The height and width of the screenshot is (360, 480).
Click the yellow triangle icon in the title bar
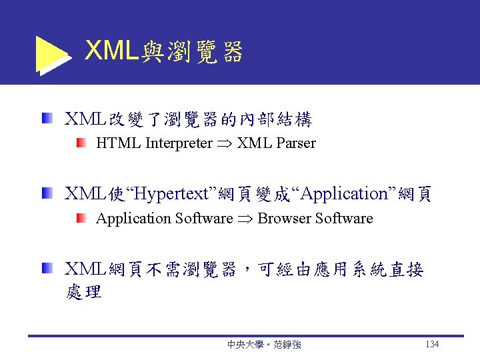49,53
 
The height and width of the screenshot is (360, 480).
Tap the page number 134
431,345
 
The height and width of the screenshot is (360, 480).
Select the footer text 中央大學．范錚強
263,345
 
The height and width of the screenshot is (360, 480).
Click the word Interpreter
179,143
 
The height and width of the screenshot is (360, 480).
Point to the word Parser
294,143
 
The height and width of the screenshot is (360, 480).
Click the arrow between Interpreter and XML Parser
225,144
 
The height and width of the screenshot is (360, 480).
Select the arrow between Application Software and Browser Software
245,219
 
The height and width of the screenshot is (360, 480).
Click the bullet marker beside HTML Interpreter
81,143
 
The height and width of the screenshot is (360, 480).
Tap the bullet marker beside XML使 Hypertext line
46,194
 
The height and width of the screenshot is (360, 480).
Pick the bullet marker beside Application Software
81,218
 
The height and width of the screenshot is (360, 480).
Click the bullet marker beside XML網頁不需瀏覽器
46,269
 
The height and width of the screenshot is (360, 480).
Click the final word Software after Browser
344,219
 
